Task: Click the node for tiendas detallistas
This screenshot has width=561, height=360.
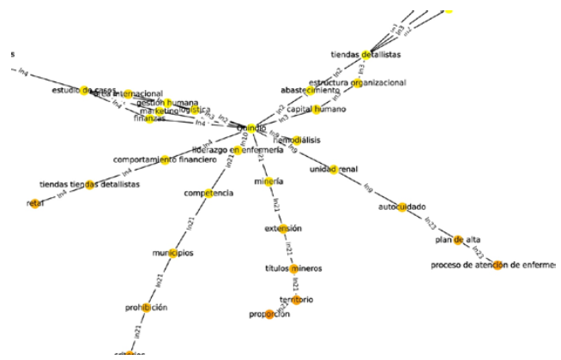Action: (366, 55)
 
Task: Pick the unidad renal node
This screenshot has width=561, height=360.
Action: (334, 170)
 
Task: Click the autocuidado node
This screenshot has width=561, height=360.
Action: (396, 207)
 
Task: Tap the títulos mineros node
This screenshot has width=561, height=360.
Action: (293, 268)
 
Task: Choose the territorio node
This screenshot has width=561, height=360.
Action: (296, 299)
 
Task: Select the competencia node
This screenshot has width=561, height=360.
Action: (208, 193)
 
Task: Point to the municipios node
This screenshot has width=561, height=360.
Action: (173, 252)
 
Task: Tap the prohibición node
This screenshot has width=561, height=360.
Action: (147, 307)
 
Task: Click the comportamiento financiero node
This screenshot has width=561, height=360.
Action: (165, 159)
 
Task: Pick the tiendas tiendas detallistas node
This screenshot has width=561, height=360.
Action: (89, 185)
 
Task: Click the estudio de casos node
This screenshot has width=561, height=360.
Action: (84, 90)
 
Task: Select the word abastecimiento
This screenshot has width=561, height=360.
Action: (310, 90)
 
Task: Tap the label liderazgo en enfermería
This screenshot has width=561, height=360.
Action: (238, 150)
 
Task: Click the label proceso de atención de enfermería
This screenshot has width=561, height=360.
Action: (494, 265)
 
